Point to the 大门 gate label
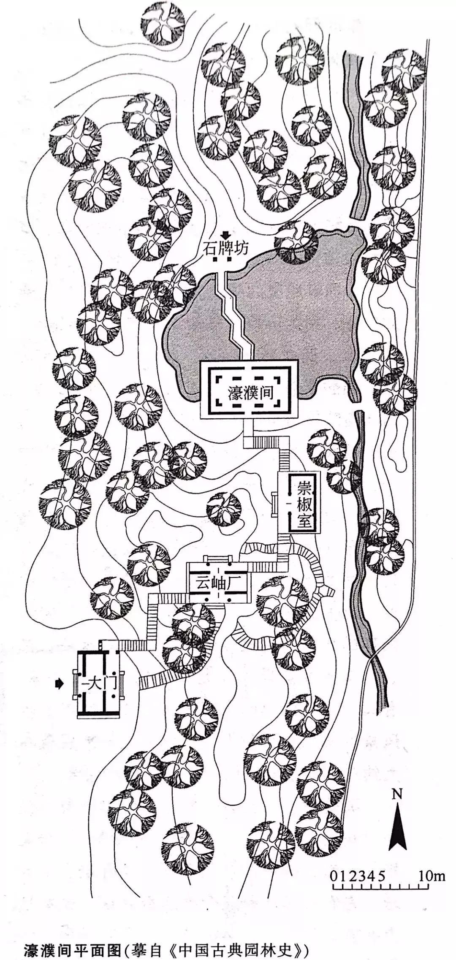point(100,683)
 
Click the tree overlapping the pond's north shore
point(296,242)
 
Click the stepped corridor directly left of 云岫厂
point(169,598)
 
